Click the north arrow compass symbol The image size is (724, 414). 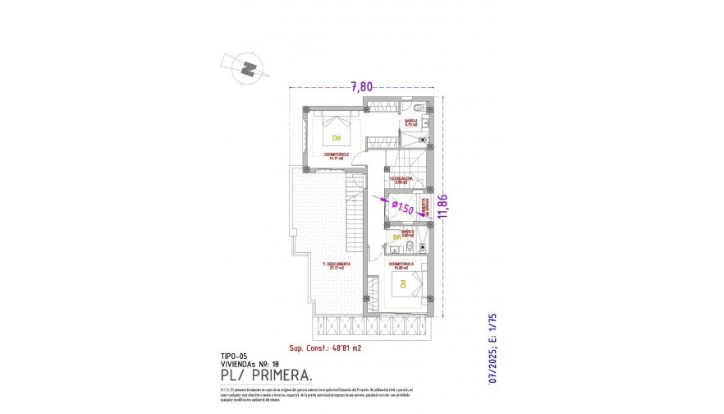(245, 67)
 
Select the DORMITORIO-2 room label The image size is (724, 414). (337, 156)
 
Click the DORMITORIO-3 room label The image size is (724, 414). (401, 264)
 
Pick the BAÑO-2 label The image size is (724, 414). (410, 123)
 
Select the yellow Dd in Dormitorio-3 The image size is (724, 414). (402, 284)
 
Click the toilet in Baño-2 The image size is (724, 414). (418, 109)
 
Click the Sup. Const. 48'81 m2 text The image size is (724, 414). (325, 348)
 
